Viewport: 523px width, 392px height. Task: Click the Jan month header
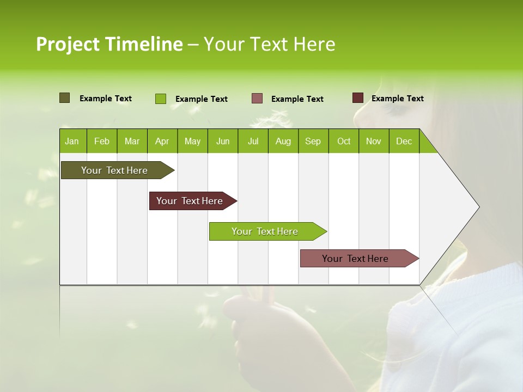[72, 141]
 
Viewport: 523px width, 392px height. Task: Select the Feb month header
[102, 141]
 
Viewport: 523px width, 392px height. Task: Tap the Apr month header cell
[162, 141]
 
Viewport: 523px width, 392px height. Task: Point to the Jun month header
[223, 141]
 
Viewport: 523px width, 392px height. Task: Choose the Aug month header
[283, 141]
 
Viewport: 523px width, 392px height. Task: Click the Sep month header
[313, 141]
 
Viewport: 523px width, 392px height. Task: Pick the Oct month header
[344, 141]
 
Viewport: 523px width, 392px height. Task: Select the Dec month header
[404, 141]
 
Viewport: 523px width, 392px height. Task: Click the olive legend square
[64, 98]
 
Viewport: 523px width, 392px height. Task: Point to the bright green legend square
[160, 99]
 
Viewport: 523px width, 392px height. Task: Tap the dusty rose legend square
[257, 99]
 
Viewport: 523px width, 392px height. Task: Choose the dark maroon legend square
[357, 98]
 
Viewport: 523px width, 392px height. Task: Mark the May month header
[192, 141]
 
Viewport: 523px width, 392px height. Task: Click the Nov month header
[374, 141]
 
